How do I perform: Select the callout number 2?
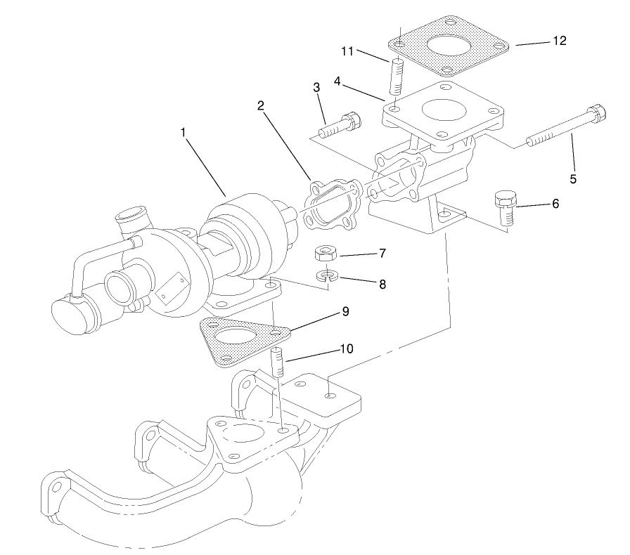[x=260, y=106]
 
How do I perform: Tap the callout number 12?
[x=559, y=41]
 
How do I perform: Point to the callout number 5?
[x=573, y=179]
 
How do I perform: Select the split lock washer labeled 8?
[x=327, y=276]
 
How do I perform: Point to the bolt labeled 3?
[x=341, y=125]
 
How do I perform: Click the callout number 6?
[x=555, y=204]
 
